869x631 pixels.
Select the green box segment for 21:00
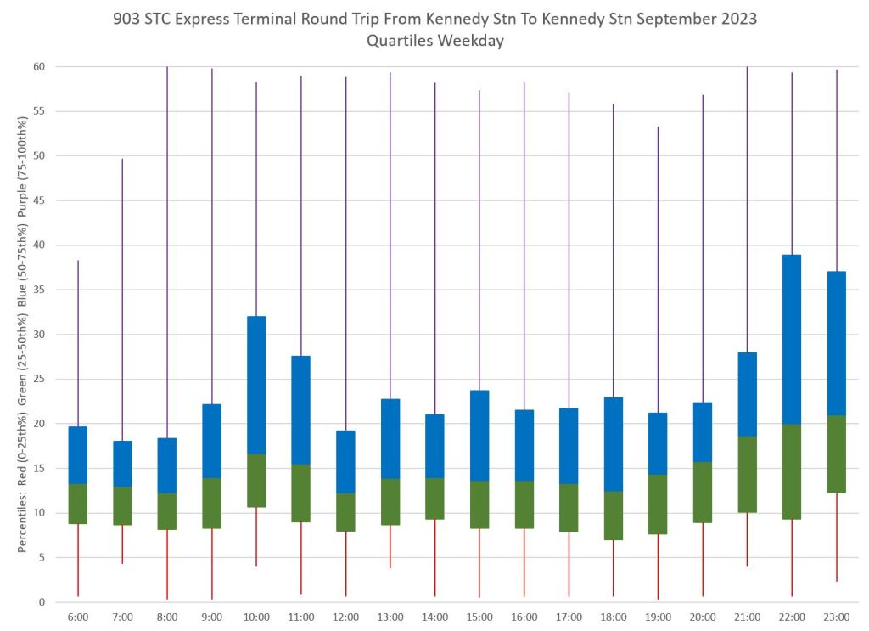747,475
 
